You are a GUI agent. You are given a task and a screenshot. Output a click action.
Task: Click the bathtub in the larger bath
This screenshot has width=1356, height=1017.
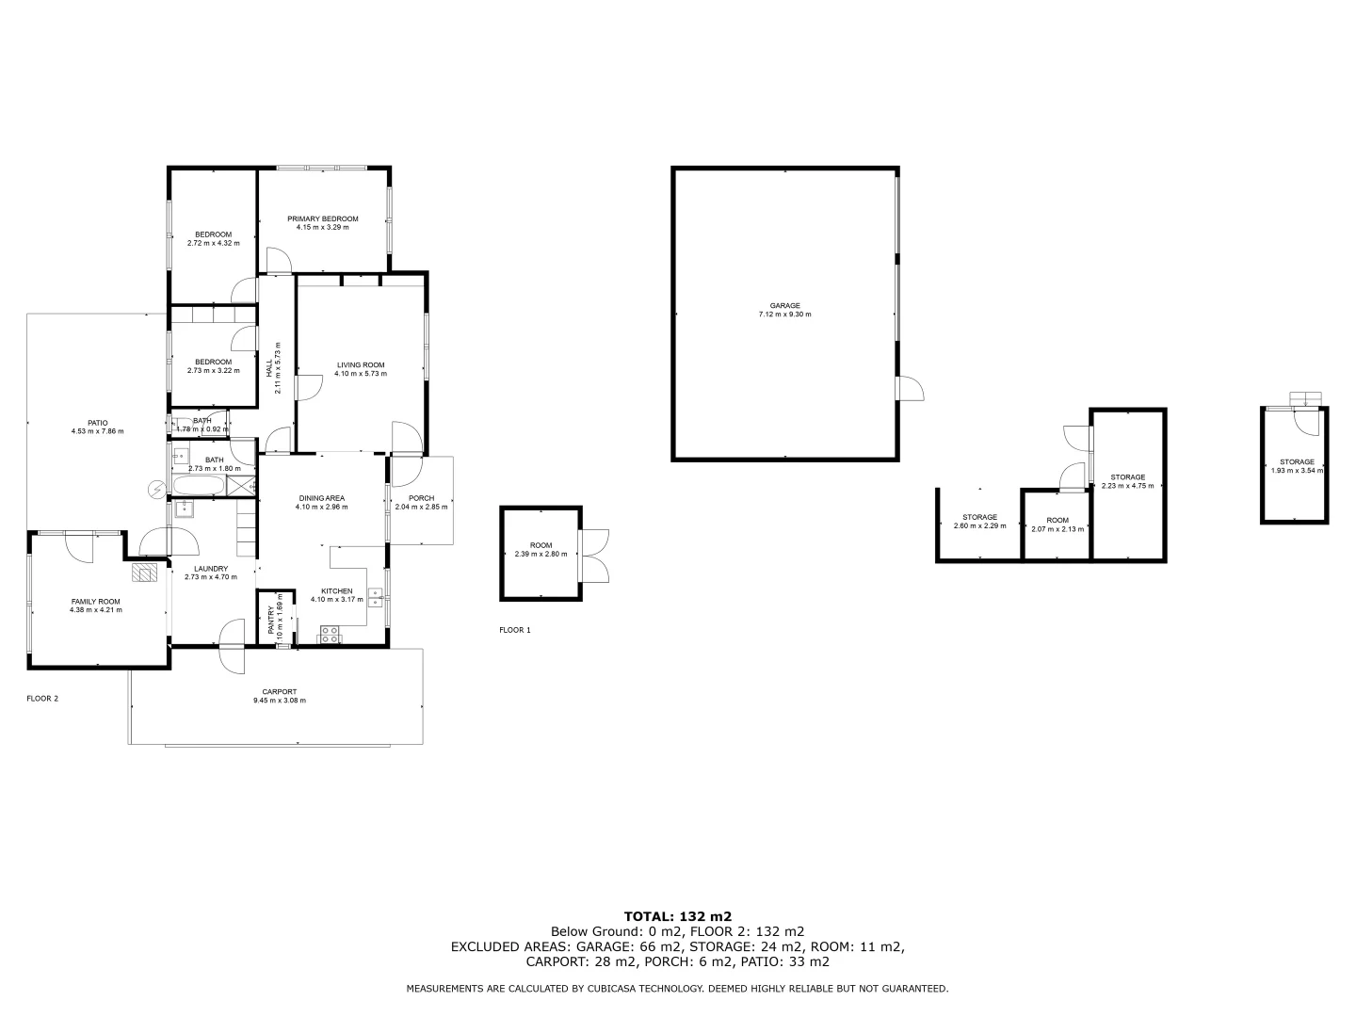pos(199,486)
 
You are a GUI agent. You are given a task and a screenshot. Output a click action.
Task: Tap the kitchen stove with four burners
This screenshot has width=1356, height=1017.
pos(330,635)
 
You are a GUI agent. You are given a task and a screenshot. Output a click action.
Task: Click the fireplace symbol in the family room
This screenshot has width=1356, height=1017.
pos(144,571)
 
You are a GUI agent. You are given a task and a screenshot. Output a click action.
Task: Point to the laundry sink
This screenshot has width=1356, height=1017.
pos(184,508)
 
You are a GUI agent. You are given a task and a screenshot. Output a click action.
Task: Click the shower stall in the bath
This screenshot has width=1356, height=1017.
pos(242,486)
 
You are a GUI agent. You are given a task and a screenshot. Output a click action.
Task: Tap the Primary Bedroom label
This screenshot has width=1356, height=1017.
pos(323,218)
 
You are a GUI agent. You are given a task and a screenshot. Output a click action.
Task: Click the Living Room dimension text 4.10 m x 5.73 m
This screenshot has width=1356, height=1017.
pos(361,374)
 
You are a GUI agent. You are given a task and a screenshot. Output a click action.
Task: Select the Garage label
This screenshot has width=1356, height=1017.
pos(784,305)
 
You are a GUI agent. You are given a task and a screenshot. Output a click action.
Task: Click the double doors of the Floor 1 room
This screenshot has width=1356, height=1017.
pos(594,555)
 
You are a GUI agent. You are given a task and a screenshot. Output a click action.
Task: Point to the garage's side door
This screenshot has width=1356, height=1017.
pos(911,388)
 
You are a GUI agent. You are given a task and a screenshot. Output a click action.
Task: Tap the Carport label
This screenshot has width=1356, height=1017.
pos(280,692)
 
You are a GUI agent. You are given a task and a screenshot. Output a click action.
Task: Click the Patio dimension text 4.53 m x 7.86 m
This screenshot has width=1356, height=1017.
pos(97,431)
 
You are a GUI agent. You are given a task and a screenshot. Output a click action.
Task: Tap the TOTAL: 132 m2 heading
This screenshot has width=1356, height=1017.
pos(678,915)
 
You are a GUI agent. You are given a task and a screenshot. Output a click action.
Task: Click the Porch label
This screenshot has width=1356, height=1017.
pos(421,498)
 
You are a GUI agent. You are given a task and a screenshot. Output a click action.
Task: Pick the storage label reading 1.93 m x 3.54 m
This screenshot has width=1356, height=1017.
pos(1296,470)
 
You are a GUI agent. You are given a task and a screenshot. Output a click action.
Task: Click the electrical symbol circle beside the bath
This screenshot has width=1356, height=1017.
pos(156,489)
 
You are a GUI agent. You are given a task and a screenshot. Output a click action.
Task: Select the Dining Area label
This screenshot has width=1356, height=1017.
pos(321,498)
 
